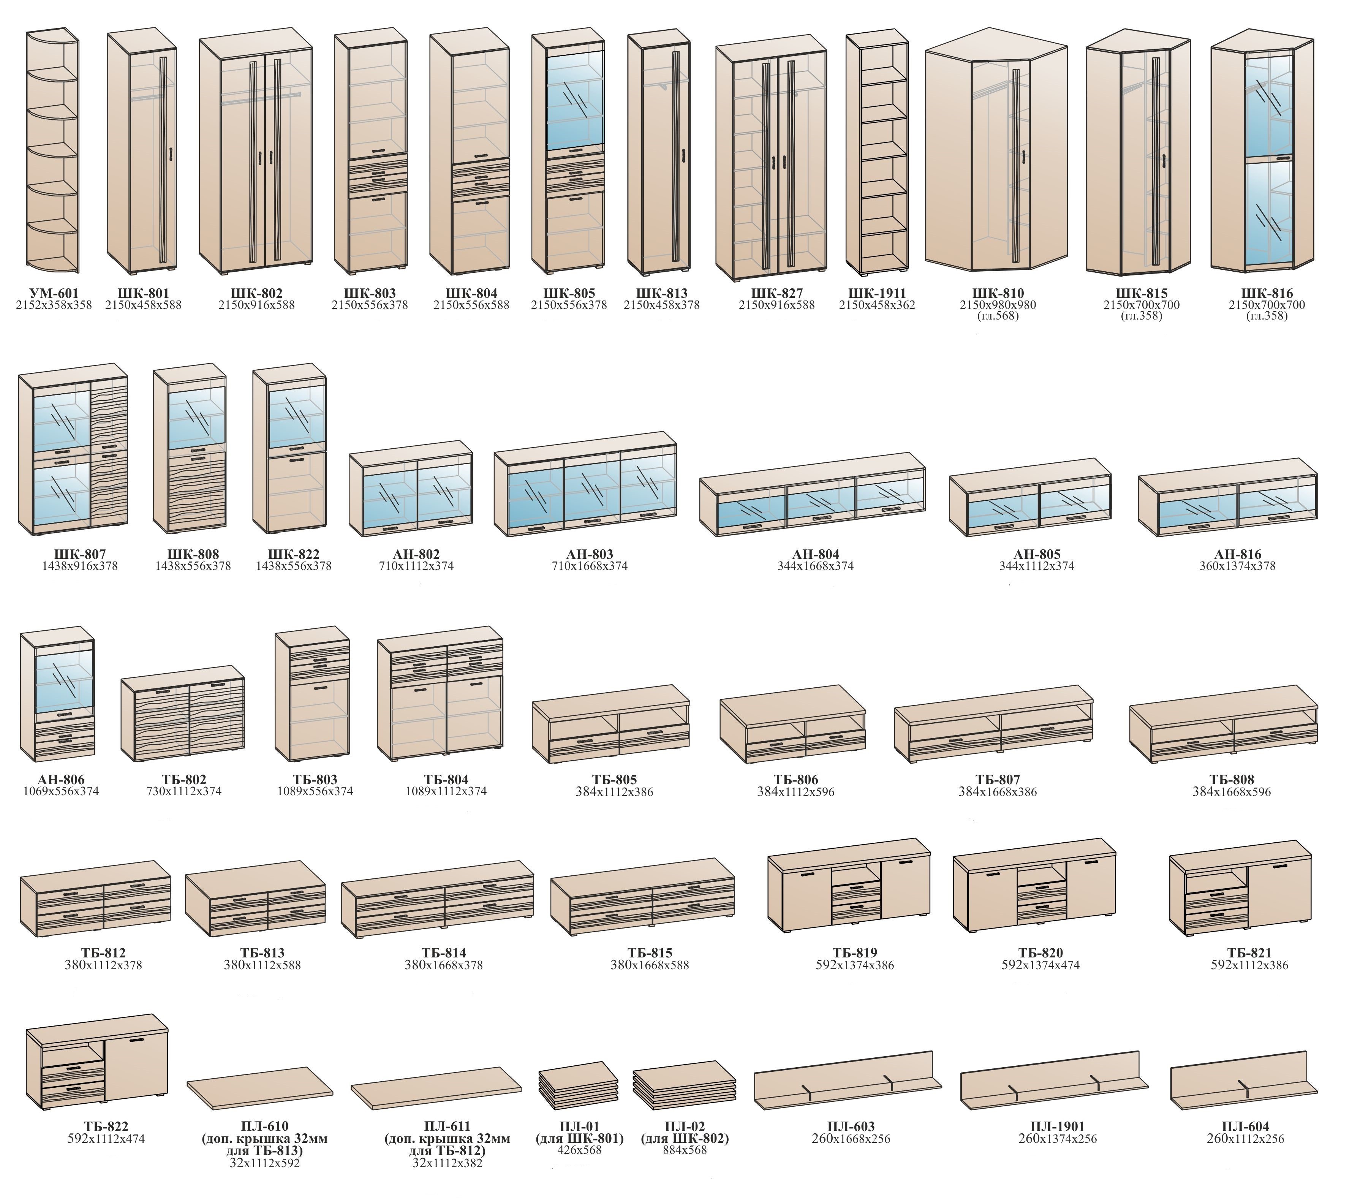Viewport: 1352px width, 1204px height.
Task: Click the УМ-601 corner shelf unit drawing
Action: (52, 152)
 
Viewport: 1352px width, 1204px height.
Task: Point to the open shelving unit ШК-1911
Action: (877, 152)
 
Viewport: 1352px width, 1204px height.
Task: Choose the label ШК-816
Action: (1266, 293)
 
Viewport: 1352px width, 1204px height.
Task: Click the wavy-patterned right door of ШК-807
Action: (109, 456)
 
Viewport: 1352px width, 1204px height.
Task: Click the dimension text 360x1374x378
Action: (1237, 566)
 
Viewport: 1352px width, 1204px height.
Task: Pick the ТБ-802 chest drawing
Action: (183, 718)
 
